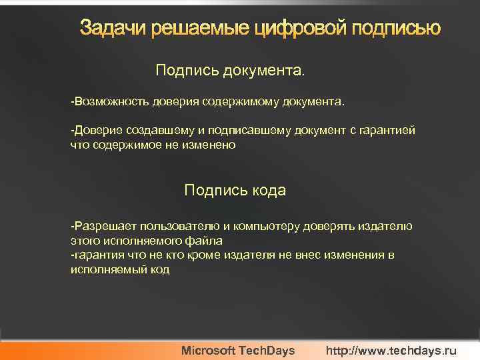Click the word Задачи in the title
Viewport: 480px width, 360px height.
coord(113,29)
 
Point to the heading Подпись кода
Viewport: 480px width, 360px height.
coord(235,191)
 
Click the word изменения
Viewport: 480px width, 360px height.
coord(355,255)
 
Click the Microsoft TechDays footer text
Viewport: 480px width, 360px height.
coord(238,351)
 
